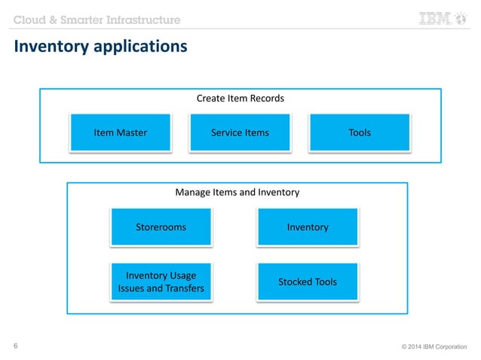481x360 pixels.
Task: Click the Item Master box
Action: click(121, 133)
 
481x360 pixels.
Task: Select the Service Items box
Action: click(240, 133)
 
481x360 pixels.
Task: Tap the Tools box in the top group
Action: click(360, 133)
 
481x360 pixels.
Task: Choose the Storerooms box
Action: click(161, 227)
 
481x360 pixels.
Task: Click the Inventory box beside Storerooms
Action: click(308, 227)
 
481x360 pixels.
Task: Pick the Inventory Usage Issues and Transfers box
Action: click(161, 282)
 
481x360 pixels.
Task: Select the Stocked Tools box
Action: click(308, 282)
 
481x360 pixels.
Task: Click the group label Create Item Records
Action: click(240, 99)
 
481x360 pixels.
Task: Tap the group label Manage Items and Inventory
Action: click(237, 192)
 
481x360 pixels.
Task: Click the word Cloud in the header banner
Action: click(29, 19)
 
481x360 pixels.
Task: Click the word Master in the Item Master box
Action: click(131, 133)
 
